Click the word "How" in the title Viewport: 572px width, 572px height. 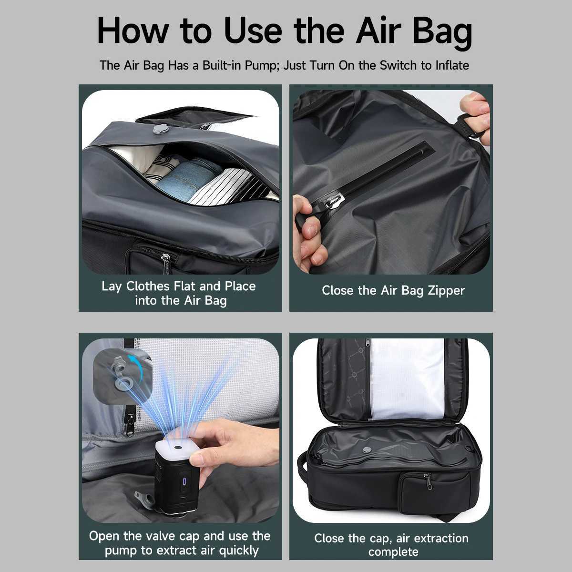click(133, 31)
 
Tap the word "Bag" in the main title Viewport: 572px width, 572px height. click(442, 33)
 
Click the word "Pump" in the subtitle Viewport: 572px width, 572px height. click(262, 66)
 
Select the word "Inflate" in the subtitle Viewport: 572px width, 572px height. click(452, 65)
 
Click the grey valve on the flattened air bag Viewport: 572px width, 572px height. click(367, 449)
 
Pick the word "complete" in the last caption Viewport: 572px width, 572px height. click(393, 552)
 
